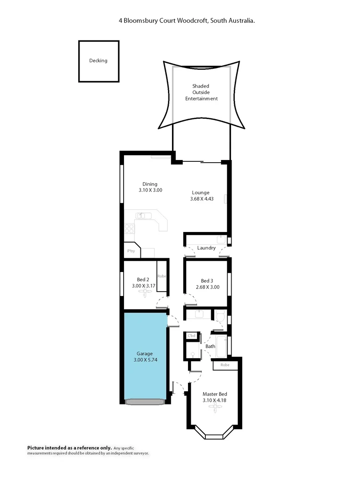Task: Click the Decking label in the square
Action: tap(98, 61)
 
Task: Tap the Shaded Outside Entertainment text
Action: tap(201, 92)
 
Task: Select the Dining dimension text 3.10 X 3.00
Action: tap(150, 190)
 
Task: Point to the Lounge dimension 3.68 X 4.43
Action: tap(202, 199)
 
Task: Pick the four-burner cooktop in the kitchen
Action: tap(129, 228)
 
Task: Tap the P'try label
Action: tap(131, 252)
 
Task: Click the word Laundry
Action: tap(206, 248)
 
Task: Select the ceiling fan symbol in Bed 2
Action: tap(144, 292)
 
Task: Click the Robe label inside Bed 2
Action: tap(162, 276)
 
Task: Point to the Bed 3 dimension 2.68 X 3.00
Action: tap(208, 287)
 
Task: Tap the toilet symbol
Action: tap(220, 316)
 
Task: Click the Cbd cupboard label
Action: tap(192, 336)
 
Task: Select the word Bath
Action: tap(210, 346)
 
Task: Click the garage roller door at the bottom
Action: tap(145, 402)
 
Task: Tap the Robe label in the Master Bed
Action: tap(225, 365)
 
